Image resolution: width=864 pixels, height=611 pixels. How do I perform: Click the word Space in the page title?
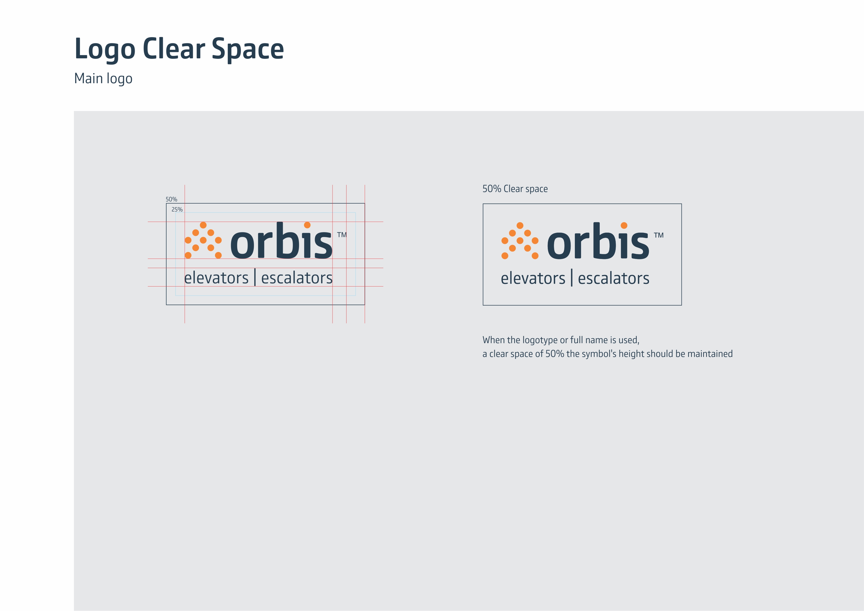248,50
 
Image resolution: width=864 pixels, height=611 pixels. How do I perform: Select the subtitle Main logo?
103,79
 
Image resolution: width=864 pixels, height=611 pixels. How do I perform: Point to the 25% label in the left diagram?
177,209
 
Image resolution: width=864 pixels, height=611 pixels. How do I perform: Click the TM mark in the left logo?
342,235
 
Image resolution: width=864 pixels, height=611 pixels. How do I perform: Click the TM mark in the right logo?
659,235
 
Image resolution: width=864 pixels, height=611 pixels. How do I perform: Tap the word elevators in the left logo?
216,278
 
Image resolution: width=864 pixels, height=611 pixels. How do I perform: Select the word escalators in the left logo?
297,278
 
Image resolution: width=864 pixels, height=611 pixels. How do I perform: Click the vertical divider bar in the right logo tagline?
572,278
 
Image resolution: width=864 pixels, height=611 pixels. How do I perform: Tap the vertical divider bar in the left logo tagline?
255,277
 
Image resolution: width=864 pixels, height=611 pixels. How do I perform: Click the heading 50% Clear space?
515,189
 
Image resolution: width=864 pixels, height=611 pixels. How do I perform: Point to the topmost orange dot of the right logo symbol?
520,225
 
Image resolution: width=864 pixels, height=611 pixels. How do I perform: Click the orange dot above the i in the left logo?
307,225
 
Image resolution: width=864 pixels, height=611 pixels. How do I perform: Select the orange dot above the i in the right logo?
624,225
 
